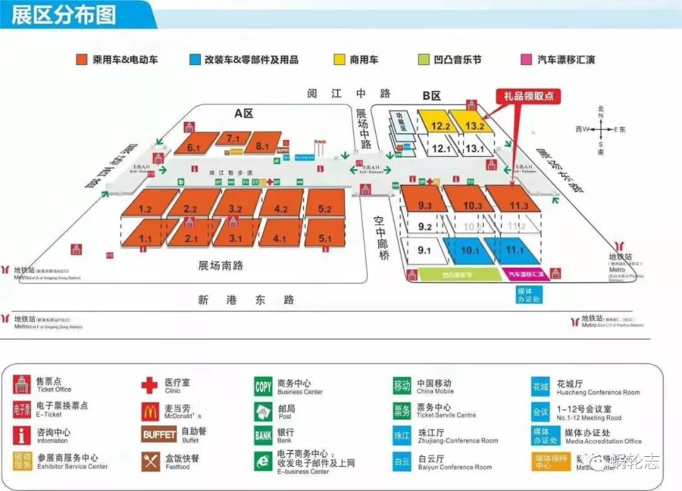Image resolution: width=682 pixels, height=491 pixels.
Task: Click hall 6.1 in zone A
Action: [194, 146]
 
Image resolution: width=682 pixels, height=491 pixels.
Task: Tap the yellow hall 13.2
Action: [474, 125]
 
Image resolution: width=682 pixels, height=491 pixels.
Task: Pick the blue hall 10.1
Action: [469, 250]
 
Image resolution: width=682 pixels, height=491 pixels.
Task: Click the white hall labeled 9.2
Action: [424, 227]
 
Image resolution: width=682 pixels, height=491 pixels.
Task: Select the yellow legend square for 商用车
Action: [339, 59]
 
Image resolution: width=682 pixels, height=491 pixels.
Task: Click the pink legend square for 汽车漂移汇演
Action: [525, 59]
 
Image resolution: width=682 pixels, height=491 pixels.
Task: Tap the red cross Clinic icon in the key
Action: [149, 385]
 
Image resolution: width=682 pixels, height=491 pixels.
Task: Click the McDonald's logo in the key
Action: [149, 411]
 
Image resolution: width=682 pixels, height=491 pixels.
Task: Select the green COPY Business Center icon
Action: [263, 386]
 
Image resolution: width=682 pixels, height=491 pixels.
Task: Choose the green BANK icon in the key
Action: [263, 435]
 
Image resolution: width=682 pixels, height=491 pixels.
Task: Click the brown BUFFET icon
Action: [159, 435]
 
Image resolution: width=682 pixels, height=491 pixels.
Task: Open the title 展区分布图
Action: [64, 15]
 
